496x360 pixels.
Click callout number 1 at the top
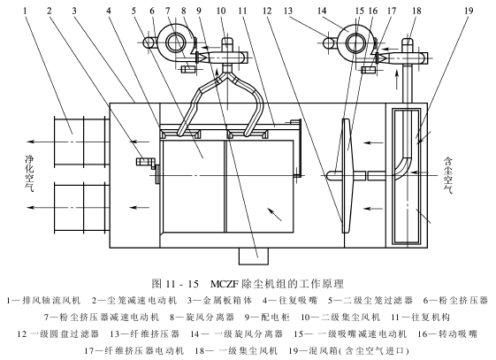pyautogui.click(x=25, y=11)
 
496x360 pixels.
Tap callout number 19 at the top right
pyautogui.click(x=469, y=11)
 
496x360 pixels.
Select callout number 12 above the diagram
pyautogui.click(x=267, y=11)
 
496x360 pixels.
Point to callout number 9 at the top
pyautogui.click(x=199, y=11)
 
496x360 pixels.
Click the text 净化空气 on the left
pyautogui.click(x=29, y=173)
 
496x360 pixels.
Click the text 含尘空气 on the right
pyautogui.click(x=448, y=175)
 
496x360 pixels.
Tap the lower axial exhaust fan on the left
pyautogui.click(x=81, y=208)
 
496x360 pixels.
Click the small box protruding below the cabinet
pyautogui.click(x=254, y=256)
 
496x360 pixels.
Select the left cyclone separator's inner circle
pyautogui.click(x=174, y=43)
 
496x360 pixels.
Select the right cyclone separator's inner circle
pyautogui.click(x=355, y=43)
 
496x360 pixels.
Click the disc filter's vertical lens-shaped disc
pyautogui.click(x=346, y=175)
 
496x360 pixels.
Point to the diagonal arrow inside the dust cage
pyautogui.click(x=274, y=214)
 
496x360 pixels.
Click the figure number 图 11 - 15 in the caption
pyautogui.click(x=175, y=284)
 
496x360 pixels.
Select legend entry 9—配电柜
pyautogui.click(x=267, y=317)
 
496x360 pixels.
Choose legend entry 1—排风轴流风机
pyautogui.click(x=43, y=300)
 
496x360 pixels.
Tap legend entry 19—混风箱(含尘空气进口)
pyautogui.click(x=349, y=350)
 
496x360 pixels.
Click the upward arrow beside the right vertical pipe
pyautogui.click(x=395, y=80)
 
